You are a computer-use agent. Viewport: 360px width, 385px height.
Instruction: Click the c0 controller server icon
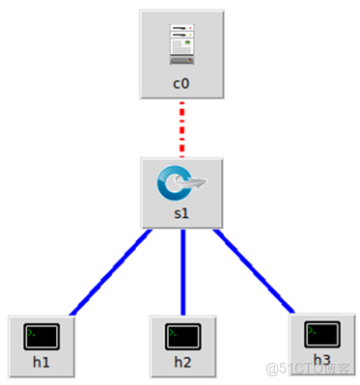[182, 44]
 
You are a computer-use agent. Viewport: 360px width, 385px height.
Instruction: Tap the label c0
[182, 84]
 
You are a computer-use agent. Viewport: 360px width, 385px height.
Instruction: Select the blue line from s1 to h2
[183, 271]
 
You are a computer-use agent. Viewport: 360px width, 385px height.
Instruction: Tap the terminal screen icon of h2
[183, 337]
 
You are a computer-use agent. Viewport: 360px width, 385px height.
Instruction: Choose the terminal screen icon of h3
[322, 335]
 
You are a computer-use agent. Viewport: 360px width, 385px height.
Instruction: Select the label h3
[322, 360]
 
